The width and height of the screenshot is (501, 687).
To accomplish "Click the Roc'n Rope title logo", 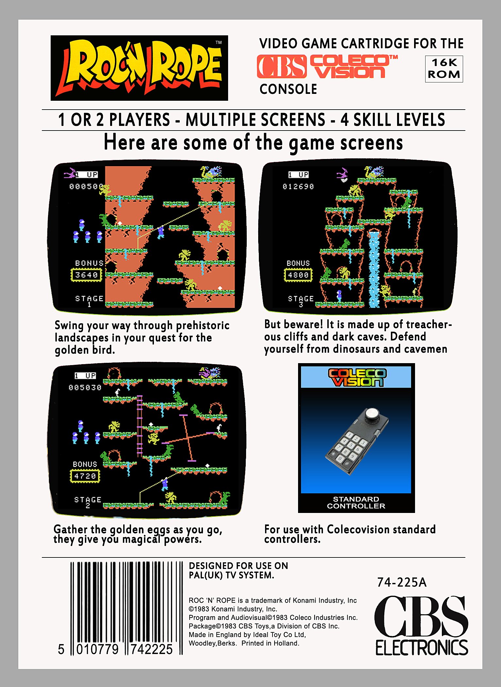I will tap(140, 68).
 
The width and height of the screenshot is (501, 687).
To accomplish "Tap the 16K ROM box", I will tap(444, 69).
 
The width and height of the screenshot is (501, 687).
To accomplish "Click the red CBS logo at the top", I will tap(282, 67).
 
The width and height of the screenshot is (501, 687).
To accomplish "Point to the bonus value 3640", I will tap(86, 275).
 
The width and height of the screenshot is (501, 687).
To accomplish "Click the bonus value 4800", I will tap(298, 275).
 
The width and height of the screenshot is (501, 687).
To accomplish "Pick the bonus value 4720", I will tap(85, 476).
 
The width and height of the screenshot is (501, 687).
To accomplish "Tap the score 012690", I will tap(298, 186).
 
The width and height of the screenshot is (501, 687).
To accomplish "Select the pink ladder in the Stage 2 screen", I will tap(140, 425).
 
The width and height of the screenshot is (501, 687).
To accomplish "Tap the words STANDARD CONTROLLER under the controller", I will tap(356, 502).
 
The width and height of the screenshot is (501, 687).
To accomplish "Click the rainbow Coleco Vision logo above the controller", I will tap(357, 377).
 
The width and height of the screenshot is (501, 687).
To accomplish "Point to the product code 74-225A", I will tap(402, 582).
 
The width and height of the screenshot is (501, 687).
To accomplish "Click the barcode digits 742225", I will tap(151, 649).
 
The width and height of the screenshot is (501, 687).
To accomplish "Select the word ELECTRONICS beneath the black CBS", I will tap(422, 648).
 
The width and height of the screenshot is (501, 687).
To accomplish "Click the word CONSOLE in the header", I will tap(288, 89).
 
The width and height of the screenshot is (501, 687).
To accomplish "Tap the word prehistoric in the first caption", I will tap(203, 326).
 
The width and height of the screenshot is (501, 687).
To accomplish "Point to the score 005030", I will tap(85, 388).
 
